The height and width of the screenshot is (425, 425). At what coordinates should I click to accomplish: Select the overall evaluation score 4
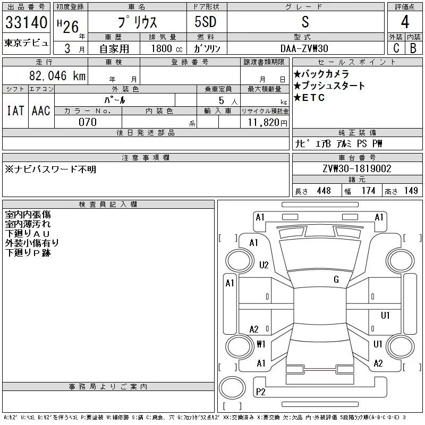(405, 23)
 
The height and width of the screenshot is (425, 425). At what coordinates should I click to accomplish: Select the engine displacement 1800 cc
(164, 48)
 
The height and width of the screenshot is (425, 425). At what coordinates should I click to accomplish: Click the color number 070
(88, 122)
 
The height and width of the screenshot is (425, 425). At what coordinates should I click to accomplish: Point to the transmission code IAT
(15, 110)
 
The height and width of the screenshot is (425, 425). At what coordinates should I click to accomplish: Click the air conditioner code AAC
(41, 110)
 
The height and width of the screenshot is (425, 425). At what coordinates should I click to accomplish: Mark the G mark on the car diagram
(336, 279)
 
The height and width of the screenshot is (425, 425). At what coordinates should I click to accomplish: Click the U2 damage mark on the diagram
(264, 265)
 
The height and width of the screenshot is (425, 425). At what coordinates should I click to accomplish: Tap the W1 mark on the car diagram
(261, 344)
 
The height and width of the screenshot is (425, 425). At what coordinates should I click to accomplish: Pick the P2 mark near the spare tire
(261, 392)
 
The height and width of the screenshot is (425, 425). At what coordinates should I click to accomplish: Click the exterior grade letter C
(396, 48)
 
